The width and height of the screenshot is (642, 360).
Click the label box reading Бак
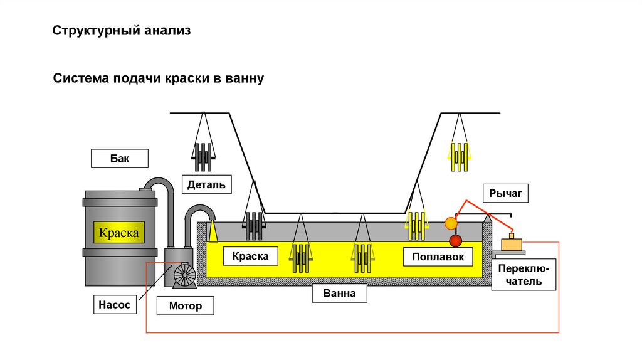119,158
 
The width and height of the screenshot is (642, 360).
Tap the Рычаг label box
505,193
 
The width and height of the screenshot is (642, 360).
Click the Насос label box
114,305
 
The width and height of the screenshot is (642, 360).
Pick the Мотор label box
185,306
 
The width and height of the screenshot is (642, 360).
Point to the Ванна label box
339,293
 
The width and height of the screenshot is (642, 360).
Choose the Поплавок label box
438,257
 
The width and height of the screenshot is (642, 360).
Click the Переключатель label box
524,275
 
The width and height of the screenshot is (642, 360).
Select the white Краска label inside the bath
250,256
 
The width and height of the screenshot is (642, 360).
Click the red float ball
455,241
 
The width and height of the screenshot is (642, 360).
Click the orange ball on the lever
450,223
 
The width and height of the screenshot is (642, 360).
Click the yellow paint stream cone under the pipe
213,231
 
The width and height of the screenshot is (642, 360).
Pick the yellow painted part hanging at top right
459,157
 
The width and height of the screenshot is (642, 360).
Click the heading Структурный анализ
120,31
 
